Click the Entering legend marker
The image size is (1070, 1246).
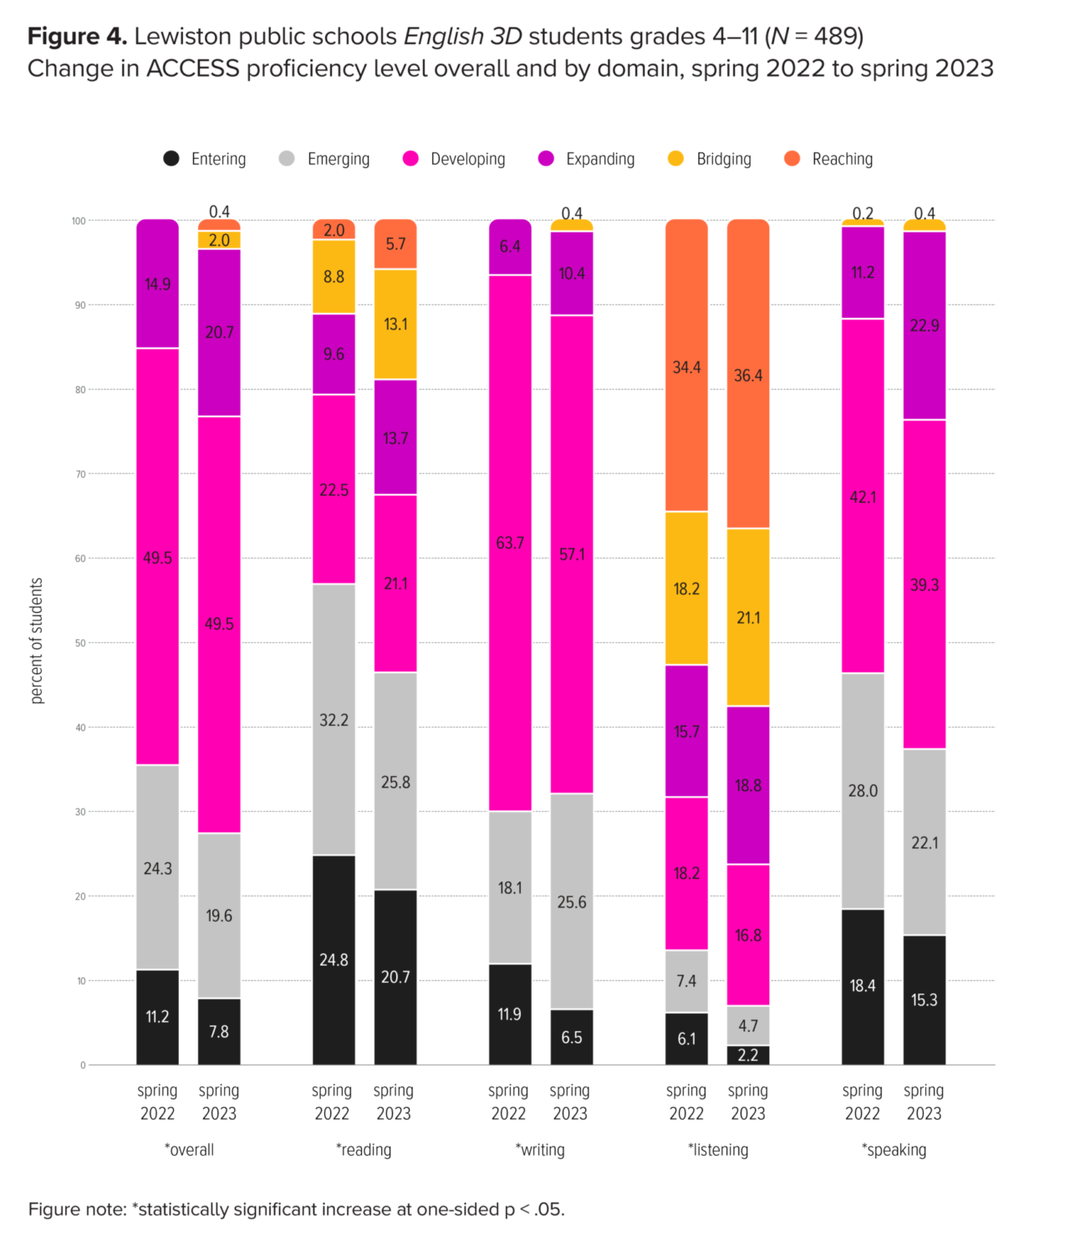(171, 158)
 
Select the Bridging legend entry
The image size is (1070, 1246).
(723, 159)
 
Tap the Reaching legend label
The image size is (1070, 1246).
(842, 159)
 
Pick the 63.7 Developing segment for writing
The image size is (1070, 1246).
(510, 542)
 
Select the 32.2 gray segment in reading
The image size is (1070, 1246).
(334, 719)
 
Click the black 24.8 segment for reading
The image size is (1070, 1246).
(334, 959)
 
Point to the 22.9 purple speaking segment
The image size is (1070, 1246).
(925, 325)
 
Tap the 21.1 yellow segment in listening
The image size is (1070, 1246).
(748, 617)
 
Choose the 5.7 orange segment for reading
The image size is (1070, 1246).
(395, 244)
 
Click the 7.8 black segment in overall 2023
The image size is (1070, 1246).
(219, 1031)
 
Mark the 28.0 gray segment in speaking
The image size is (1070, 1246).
(863, 790)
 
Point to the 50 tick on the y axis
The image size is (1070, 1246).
(81, 643)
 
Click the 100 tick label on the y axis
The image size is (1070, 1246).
(79, 221)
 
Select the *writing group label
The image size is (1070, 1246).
(540, 1150)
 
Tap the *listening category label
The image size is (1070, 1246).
(718, 1150)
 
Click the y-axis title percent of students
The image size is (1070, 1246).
(37, 641)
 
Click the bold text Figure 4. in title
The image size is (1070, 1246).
(77, 37)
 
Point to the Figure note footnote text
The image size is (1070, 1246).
(297, 1209)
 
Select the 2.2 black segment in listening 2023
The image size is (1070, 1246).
(748, 1055)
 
